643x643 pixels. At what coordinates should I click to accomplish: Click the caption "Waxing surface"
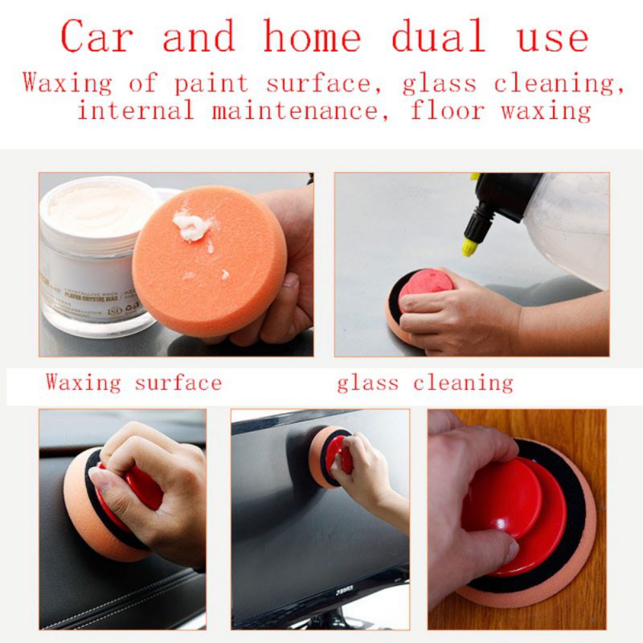[133, 382]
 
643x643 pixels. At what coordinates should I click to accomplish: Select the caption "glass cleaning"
[424, 383]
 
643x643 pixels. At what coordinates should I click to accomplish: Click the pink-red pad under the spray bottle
[426, 285]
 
